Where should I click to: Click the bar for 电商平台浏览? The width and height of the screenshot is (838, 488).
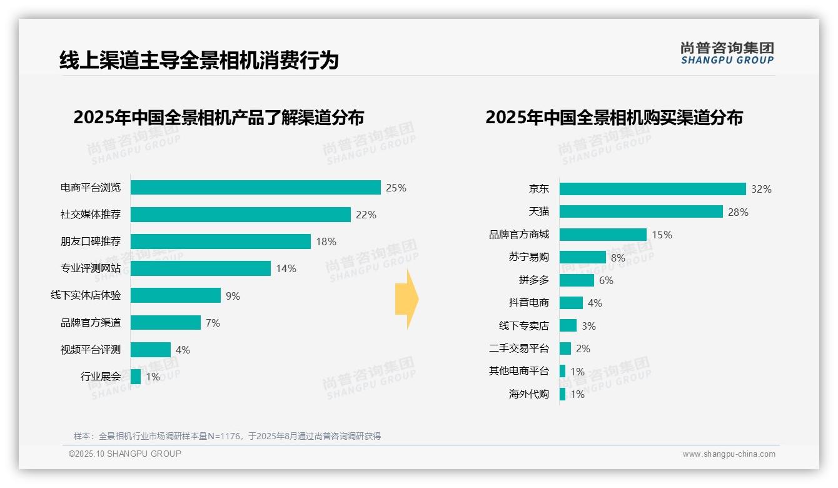click(x=255, y=188)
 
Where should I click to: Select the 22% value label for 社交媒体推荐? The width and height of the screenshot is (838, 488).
click(x=366, y=215)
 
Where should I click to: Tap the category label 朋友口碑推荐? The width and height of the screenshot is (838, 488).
click(x=90, y=241)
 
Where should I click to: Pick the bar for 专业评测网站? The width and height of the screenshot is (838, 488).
click(x=200, y=268)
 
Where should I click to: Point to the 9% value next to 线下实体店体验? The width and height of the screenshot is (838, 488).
click(x=233, y=296)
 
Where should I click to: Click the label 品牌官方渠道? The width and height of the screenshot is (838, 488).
click(x=90, y=323)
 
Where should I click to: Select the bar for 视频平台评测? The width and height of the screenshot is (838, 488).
click(x=150, y=350)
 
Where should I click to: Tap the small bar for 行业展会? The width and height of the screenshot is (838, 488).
click(x=136, y=377)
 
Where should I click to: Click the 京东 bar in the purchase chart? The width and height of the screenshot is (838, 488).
click(x=652, y=189)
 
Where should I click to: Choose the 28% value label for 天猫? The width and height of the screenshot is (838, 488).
click(x=738, y=212)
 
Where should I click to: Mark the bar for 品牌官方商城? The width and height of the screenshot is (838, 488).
click(x=603, y=235)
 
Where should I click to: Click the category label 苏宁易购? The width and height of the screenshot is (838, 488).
click(x=528, y=257)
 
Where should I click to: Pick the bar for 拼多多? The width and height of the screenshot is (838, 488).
click(x=577, y=280)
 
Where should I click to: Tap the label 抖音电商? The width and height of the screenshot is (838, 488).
click(x=528, y=303)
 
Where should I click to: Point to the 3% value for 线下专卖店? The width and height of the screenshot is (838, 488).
click(x=588, y=326)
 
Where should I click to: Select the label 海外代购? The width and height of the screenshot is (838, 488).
click(x=528, y=394)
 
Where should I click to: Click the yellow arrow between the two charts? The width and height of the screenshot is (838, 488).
click(x=406, y=300)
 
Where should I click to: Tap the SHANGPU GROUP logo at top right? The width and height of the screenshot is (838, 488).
click(x=727, y=53)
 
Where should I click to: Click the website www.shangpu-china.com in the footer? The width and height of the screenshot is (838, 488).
click(x=729, y=454)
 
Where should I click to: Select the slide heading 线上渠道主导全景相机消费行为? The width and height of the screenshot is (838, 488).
click(x=199, y=60)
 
